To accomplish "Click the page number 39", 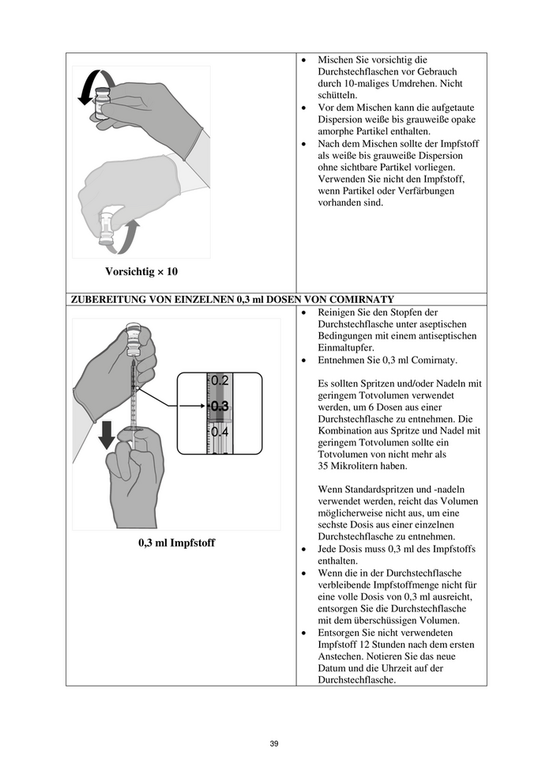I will [x=274, y=743].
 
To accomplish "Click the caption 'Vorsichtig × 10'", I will [x=141, y=271].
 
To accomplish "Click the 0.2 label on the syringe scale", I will [x=220, y=380].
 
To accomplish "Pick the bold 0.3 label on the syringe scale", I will [x=220, y=406].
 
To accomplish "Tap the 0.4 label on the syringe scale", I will [x=220, y=433].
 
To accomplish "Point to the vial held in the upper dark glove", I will [x=102, y=104].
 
